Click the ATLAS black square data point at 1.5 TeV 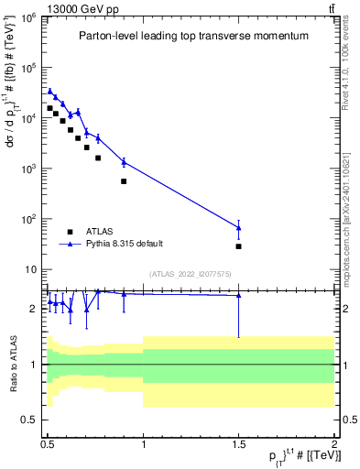(x=238, y=246)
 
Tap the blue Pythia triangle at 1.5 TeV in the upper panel (x=238, y=227)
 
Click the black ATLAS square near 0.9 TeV (x=124, y=181)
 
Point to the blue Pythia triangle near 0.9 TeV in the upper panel (x=124, y=162)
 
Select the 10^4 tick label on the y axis (x=29, y=118)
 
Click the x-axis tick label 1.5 (x=238, y=441)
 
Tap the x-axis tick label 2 (x=334, y=441)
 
